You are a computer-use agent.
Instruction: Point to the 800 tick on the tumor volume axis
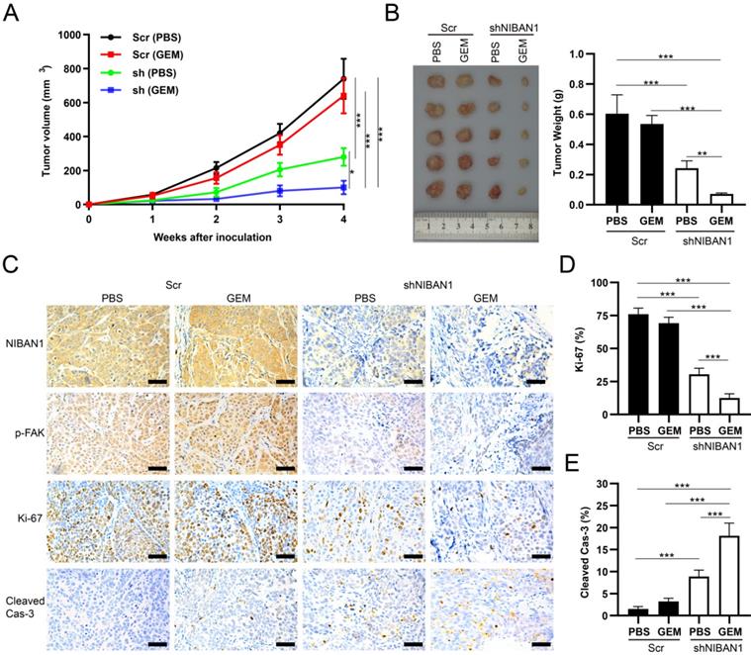(x=68, y=68)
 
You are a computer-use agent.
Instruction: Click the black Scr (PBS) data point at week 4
(x=343, y=78)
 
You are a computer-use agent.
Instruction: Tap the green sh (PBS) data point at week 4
(x=343, y=157)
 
